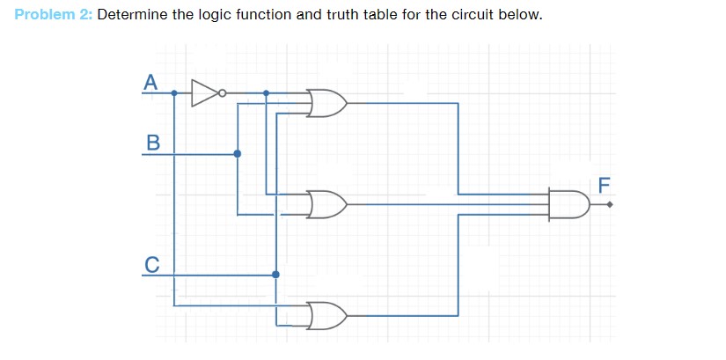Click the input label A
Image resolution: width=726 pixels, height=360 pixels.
[x=150, y=83]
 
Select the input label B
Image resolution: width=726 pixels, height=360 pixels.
[x=152, y=141]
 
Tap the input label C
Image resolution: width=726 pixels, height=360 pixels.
[x=152, y=262]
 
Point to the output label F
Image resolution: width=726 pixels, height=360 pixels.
[x=604, y=185]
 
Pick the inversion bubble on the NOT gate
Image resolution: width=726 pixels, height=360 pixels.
[x=222, y=92]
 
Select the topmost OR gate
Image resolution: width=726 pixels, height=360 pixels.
[x=326, y=103]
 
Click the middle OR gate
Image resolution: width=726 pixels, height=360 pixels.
[x=326, y=204]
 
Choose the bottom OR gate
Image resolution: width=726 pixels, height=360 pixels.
[x=326, y=314]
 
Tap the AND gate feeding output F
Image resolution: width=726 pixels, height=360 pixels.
[x=568, y=204]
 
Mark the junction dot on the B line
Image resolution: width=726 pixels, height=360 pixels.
[x=237, y=153]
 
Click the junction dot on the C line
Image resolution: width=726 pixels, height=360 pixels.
[x=275, y=275]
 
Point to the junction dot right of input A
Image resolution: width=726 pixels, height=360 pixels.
[x=174, y=92]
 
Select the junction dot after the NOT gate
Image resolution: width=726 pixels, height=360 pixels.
[x=267, y=92]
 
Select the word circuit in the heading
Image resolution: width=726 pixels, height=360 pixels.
[x=466, y=16]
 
